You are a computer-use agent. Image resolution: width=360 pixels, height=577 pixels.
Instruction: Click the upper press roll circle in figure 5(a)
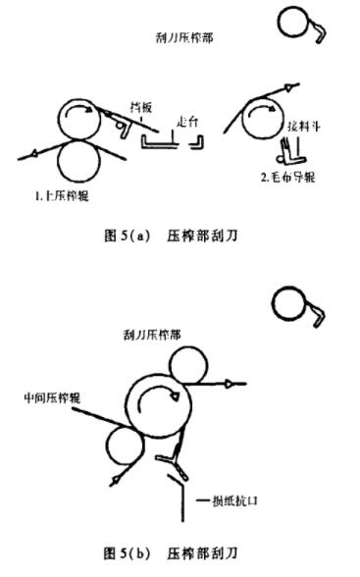point(83,120)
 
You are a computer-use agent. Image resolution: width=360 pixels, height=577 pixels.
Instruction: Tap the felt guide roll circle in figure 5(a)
point(264,113)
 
